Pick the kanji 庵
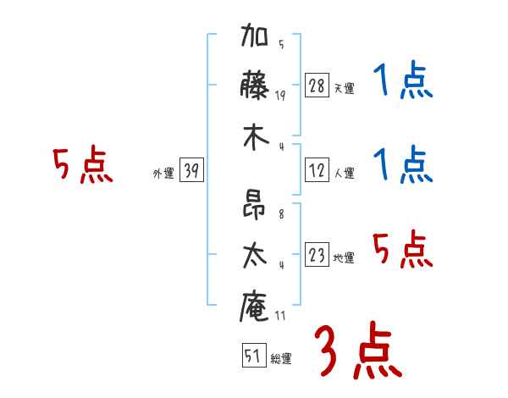click(254, 305)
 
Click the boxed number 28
click(317, 86)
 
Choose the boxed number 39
click(191, 172)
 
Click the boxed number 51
click(252, 357)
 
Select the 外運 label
click(163, 174)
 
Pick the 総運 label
click(280, 358)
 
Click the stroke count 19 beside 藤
click(280, 96)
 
